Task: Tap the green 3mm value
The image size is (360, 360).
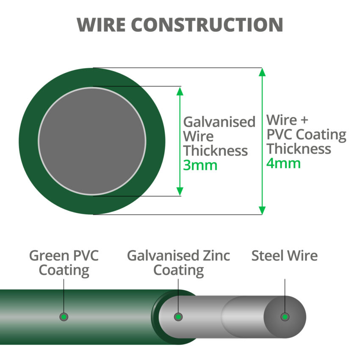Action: click(200, 165)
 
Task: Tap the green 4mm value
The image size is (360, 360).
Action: click(283, 163)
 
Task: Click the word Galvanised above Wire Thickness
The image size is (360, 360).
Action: click(219, 122)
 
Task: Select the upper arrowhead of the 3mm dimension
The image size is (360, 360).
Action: click(180, 91)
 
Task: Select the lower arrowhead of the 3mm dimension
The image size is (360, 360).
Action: click(180, 191)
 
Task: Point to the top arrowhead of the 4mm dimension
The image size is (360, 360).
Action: click(262, 72)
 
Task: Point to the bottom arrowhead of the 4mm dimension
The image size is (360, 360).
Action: click(262, 210)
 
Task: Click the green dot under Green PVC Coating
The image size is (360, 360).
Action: click(64, 316)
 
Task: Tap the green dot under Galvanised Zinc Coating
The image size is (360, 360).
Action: click(178, 316)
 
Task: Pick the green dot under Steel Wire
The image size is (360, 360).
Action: click(285, 316)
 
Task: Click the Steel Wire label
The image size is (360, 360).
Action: click(284, 256)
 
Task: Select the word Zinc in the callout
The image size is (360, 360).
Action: click(216, 256)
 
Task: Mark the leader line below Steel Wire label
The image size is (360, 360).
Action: click(285, 294)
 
